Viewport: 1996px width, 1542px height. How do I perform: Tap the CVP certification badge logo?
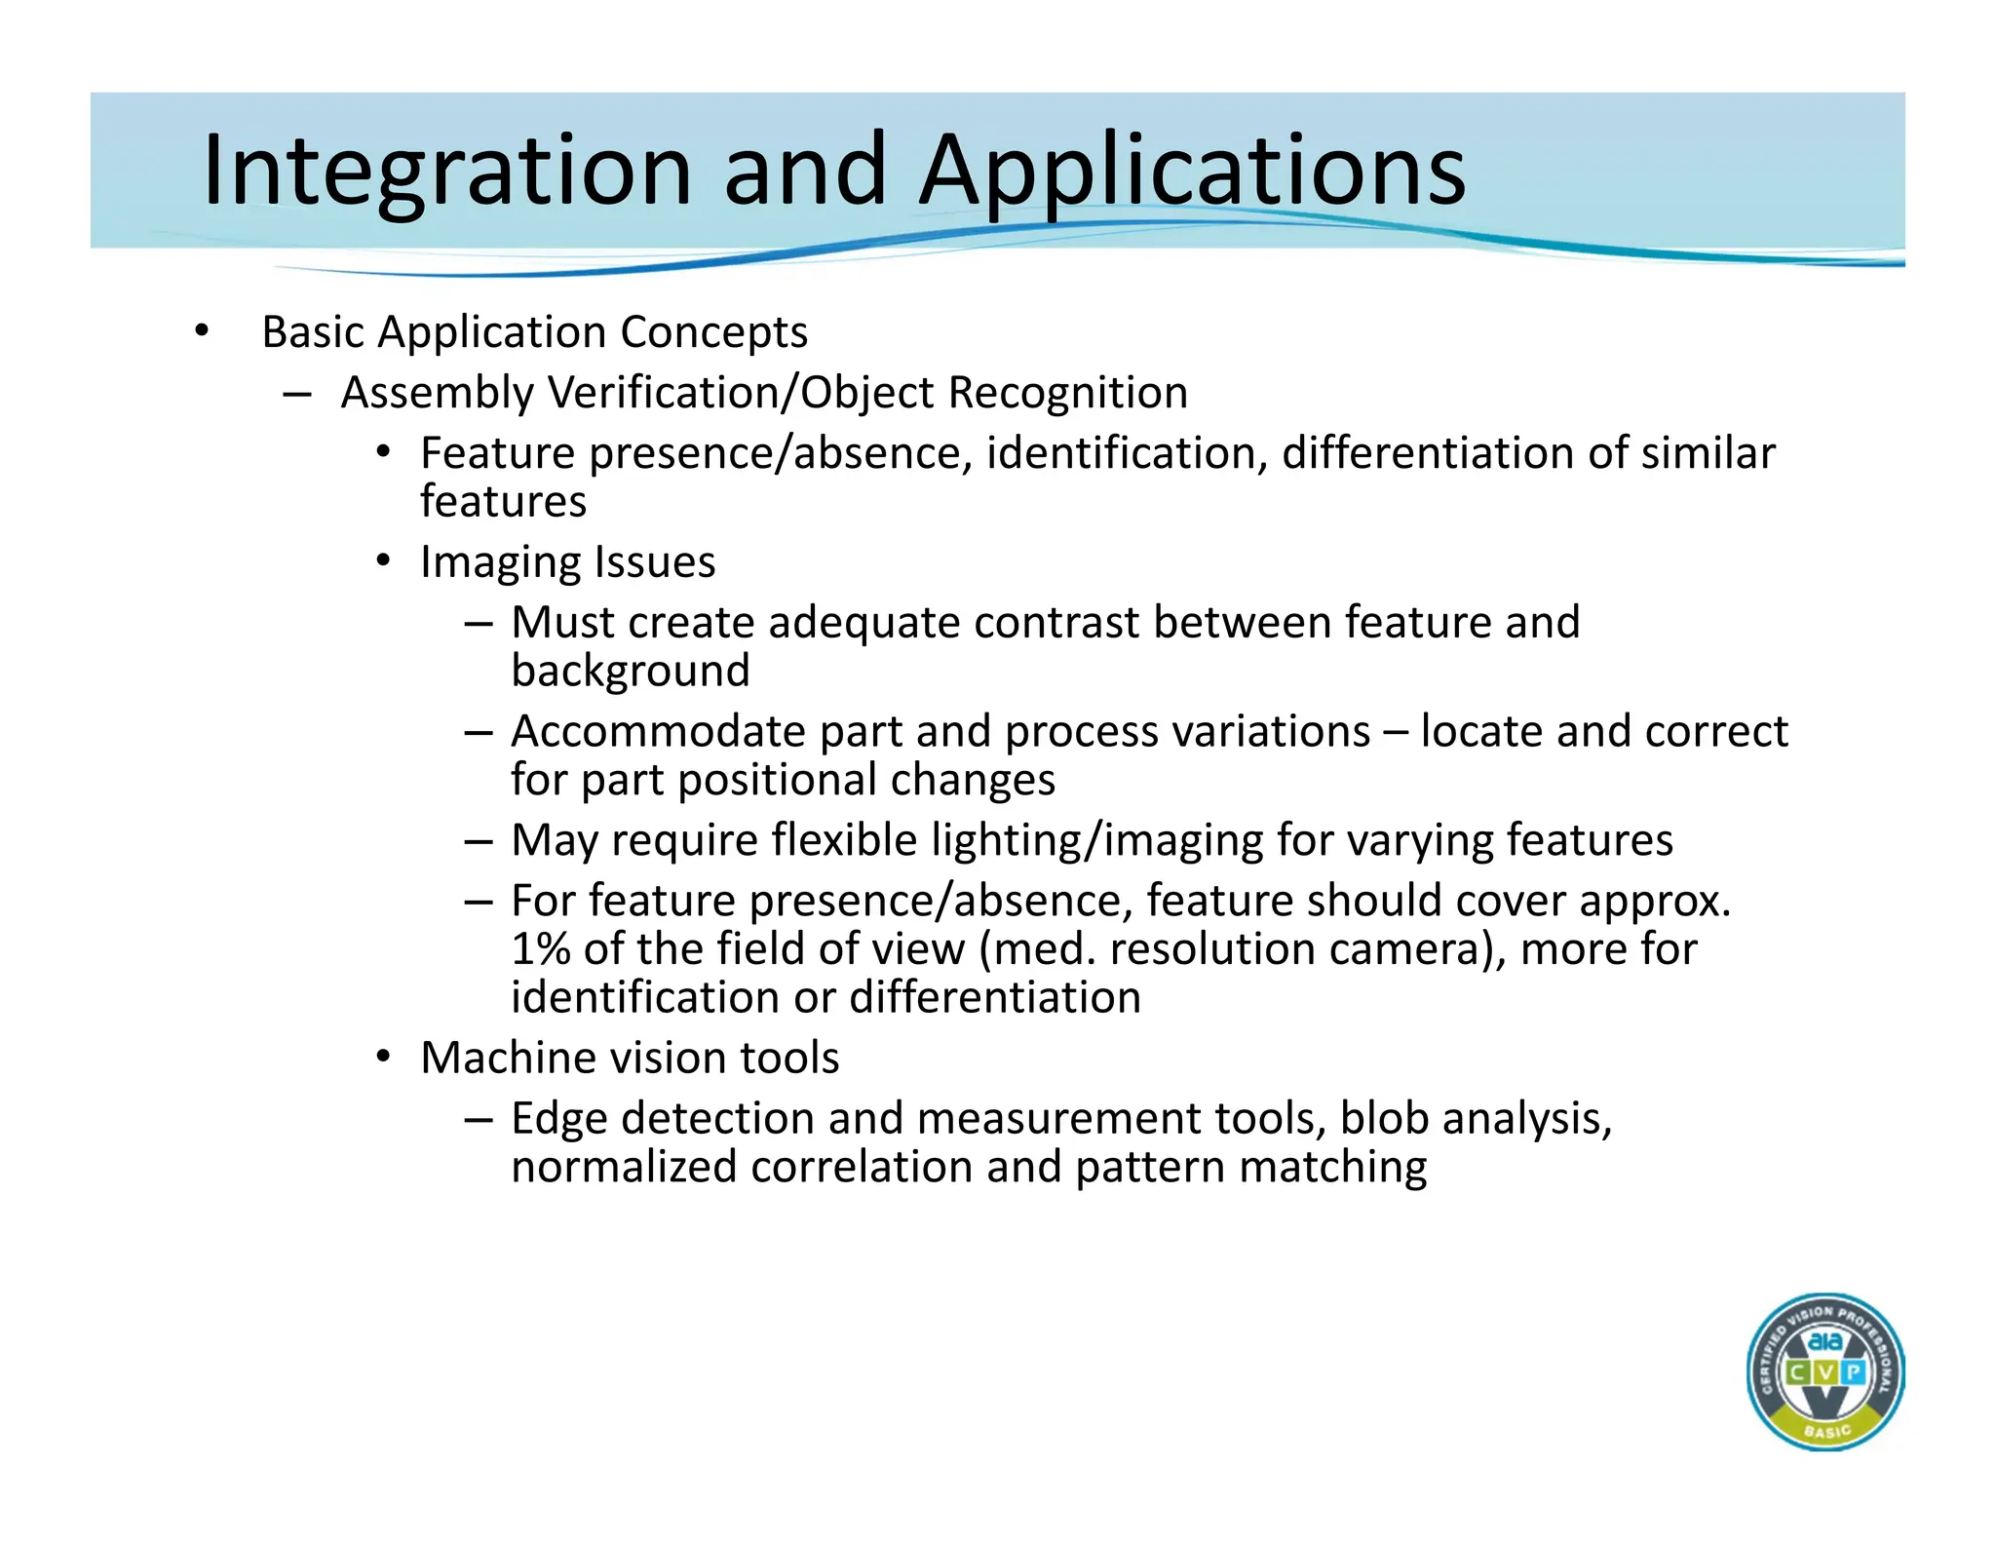(x=1825, y=1371)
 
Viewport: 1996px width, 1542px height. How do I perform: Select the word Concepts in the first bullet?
(x=713, y=332)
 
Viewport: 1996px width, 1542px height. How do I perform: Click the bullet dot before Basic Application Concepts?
(x=201, y=331)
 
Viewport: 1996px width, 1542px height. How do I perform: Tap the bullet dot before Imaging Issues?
(x=384, y=561)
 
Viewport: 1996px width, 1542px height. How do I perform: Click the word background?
(x=631, y=671)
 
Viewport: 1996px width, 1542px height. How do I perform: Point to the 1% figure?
(x=540, y=948)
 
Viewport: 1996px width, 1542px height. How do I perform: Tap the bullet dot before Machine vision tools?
(x=384, y=1057)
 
